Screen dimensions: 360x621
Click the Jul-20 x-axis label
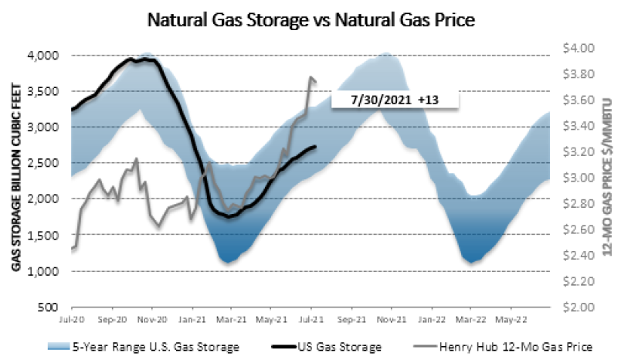[72, 318]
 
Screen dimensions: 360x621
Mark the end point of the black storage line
[315, 147]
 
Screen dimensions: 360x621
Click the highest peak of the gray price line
[310, 77]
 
